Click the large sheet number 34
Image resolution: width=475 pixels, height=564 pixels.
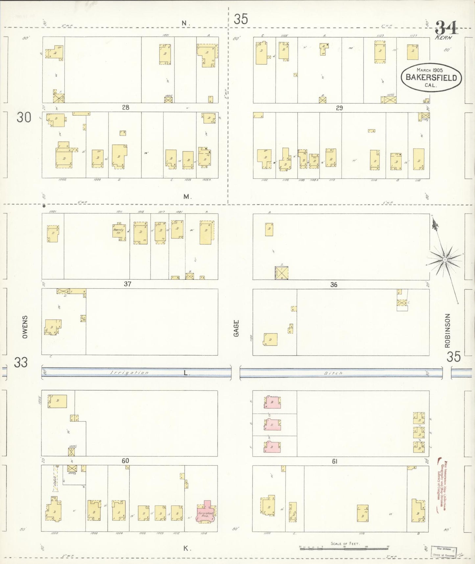pos(446,28)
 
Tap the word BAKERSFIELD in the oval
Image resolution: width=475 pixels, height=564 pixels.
pos(431,78)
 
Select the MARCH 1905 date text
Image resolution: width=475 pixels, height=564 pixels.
pos(430,70)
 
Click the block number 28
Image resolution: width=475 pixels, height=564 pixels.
pos(126,107)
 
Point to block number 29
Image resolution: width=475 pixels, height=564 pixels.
pos(339,108)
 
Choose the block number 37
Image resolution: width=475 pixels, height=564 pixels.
pos(128,284)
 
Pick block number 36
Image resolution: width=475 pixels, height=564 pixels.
pos(334,285)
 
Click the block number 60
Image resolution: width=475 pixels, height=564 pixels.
pos(125,461)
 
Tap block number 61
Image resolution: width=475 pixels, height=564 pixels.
pos(334,461)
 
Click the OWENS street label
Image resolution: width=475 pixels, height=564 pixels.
pos(25,327)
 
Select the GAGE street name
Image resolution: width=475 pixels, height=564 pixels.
pos(236,328)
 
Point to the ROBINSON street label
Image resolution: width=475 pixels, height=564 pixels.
pos(447,330)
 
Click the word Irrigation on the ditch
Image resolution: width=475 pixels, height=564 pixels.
pos(129,373)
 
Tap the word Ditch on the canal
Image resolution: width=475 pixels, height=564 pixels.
pos(334,373)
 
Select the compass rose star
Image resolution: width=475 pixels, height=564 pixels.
pos(444,260)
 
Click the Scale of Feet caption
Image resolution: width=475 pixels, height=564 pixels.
pos(345,543)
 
